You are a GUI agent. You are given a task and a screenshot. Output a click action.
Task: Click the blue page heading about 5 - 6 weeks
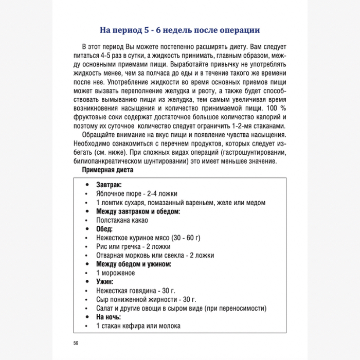coord(179,30)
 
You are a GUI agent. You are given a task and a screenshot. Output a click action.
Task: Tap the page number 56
coord(76,343)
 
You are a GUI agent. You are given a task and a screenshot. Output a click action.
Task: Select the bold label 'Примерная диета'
coord(107,170)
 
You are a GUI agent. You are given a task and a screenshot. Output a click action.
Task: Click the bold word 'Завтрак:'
coord(109,184)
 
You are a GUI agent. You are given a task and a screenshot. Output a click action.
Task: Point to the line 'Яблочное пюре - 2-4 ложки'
coord(136,193)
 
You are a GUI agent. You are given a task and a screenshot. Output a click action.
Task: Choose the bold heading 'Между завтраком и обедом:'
coord(138,211)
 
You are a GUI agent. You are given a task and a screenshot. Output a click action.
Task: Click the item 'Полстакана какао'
coord(122,220)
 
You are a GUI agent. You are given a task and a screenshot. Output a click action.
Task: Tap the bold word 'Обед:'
coord(104,228)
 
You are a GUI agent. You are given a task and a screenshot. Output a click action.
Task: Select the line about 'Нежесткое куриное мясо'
coord(148,238)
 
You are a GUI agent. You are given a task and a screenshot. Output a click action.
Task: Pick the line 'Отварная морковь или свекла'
coord(155,255)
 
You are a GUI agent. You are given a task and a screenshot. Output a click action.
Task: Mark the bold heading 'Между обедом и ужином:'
coord(134,264)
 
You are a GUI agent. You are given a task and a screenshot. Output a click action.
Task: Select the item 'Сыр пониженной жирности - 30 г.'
coord(146,299)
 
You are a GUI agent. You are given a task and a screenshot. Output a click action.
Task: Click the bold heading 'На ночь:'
coord(109,317)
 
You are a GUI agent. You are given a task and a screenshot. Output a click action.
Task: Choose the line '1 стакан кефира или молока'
coord(138,326)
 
